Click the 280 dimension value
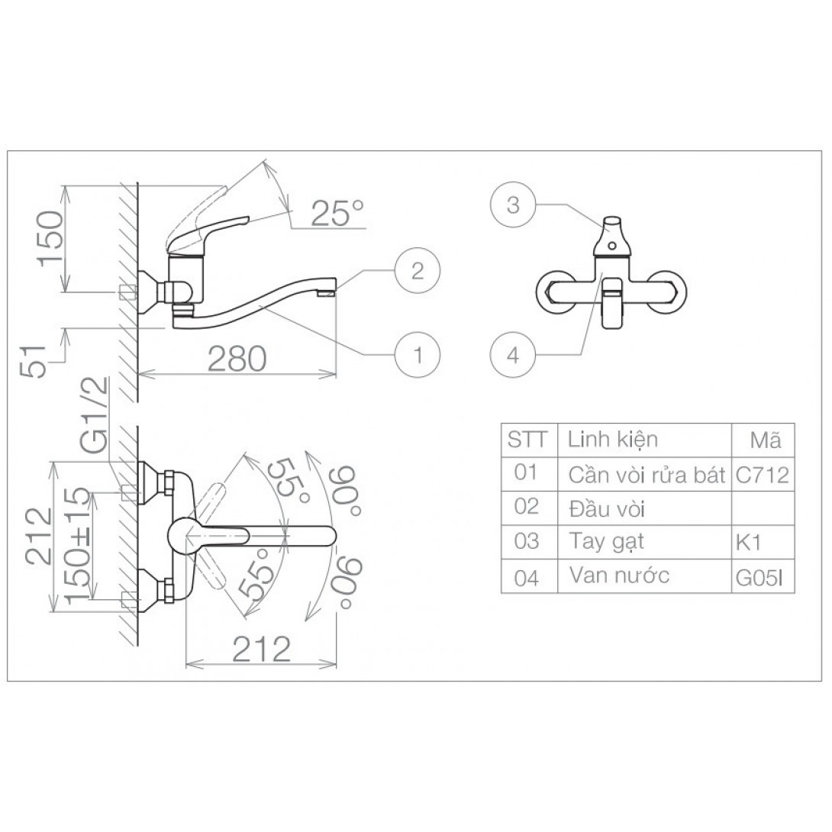[x=237, y=359]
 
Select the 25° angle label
[x=337, y=213]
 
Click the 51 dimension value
[x=35, y=361]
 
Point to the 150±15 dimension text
[x=78, y=544]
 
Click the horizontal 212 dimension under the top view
[x=262, y=649]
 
